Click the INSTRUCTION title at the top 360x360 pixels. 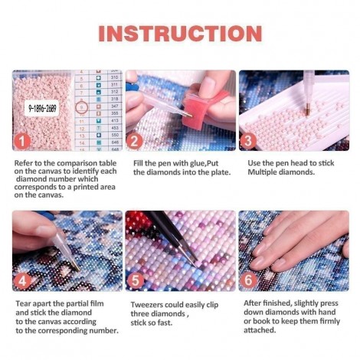180,34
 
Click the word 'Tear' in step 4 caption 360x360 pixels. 22,303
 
